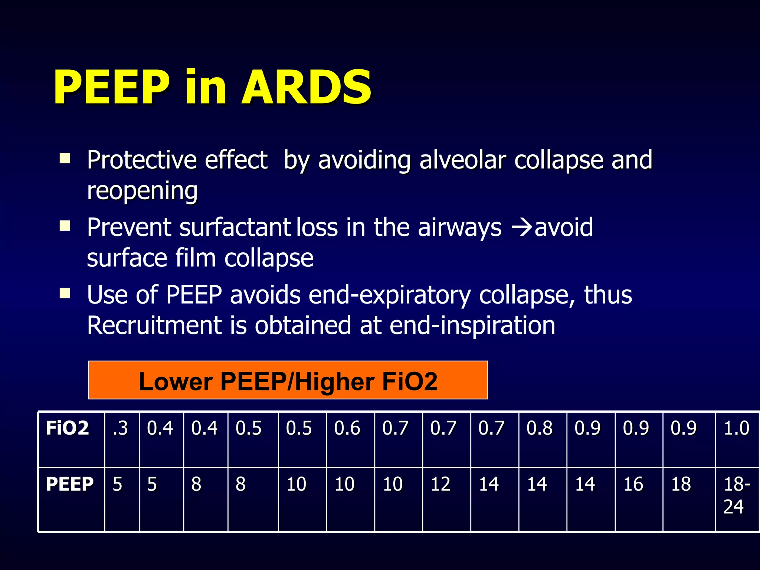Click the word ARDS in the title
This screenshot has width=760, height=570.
(306, 88)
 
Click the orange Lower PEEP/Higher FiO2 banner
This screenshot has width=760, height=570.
(288, 380)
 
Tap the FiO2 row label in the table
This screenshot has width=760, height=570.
(67, 428)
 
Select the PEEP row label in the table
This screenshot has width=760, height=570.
(69, 484)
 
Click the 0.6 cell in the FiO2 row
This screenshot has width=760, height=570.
(347, 428)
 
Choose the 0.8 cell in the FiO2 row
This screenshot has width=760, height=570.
(539, 428)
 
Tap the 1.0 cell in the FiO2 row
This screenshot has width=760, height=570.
(737, 428)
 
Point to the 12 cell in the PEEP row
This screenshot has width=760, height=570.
(440, 484)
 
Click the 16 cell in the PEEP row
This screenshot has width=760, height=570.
(633, 484)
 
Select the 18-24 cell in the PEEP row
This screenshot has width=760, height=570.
(737, 495)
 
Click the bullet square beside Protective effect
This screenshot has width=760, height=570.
(65, 158)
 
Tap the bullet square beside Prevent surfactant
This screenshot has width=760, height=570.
(65, 226)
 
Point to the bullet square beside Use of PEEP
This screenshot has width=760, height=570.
(65, 294)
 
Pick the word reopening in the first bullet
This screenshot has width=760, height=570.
(142, 191)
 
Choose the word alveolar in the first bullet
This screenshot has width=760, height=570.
(462, 160)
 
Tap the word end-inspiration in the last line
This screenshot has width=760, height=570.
(472, 325)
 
